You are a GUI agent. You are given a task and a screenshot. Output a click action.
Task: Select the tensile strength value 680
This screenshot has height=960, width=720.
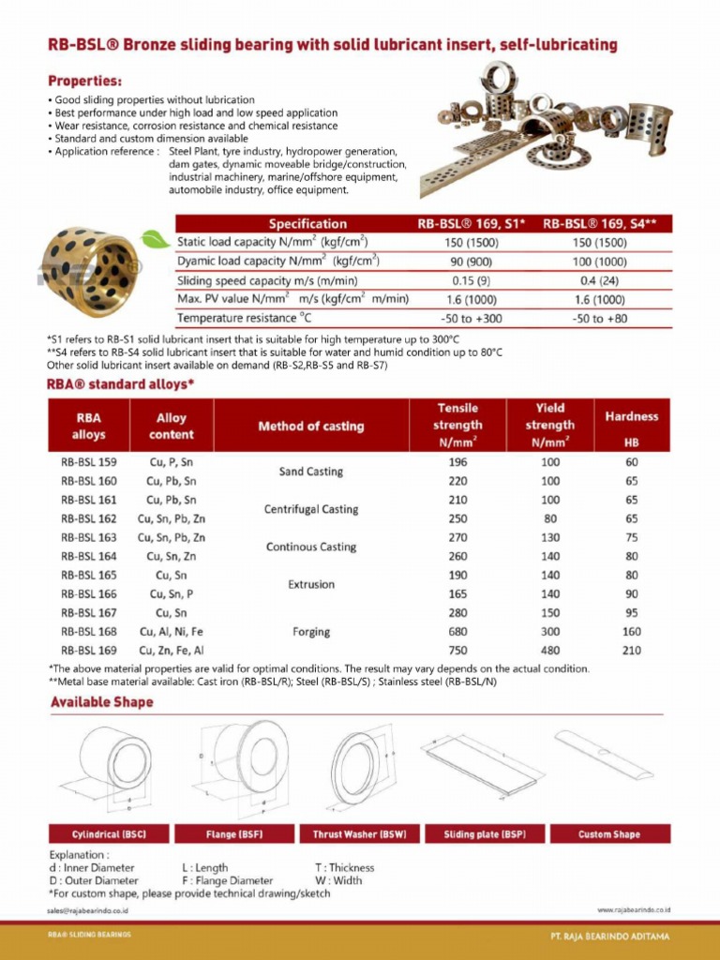click(x=457, y=632)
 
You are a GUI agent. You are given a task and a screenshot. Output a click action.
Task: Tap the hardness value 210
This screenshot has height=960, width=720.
click(x=632, y=651)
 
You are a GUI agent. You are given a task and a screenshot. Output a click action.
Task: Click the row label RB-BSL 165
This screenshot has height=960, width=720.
click(x=89, y=576)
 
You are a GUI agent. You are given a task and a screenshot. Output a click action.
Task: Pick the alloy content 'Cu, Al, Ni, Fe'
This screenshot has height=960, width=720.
click(x=172, y=632)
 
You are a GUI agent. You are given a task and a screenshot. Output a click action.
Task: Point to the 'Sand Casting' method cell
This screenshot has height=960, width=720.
click(x=311, y=472)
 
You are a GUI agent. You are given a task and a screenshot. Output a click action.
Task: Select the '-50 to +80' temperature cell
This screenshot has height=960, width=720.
click(x=599, y=319)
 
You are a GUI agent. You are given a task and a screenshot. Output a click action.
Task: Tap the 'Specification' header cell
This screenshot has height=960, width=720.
click(x=307, y=224)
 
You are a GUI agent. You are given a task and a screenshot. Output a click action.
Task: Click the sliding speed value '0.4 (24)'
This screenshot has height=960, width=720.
click(x=599, y=280)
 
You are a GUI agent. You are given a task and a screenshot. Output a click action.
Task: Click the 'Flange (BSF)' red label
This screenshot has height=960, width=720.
click(x=233, y=833)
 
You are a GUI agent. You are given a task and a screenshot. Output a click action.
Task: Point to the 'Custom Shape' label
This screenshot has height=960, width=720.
click(x=609, y=833)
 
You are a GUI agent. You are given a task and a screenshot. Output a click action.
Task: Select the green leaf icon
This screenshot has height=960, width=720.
click(x=155, y=241)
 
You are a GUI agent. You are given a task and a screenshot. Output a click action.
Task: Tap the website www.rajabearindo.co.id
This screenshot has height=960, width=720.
click(x=633, y=909)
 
